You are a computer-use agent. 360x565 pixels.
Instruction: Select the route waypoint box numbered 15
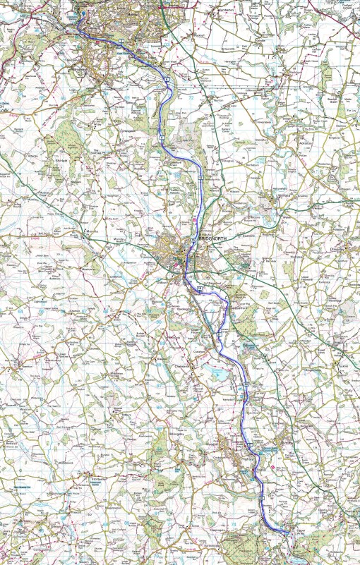tap(192, 241)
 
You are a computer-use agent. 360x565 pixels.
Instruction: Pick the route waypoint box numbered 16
tap(200, 288)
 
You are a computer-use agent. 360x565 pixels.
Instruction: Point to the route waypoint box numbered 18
tap(246, 383)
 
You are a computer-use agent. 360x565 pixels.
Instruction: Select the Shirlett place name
tap(59, 161)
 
